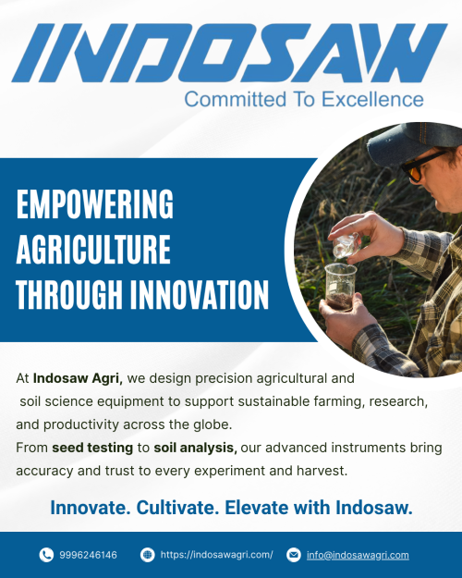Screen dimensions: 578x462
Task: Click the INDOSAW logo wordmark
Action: (230, 53)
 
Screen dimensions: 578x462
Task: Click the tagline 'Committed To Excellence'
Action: (304, 99)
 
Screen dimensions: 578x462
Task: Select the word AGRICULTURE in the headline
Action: (93, 250)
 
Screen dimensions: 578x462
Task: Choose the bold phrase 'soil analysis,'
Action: (195, 448)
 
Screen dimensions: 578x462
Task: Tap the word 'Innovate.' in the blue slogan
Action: (91, 508)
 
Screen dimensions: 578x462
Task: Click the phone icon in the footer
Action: (46, 555)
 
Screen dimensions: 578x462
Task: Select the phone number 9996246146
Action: (88, 555)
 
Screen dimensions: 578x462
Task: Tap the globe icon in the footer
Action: (147, 555)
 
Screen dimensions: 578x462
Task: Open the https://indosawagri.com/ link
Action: (217, 555)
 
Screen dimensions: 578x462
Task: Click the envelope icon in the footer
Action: (294, 555)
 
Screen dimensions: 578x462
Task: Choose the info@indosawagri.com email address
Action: (359, 555)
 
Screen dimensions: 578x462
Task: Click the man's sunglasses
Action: (421, 166)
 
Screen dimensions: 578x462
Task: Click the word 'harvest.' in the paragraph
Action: (320, 471)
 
